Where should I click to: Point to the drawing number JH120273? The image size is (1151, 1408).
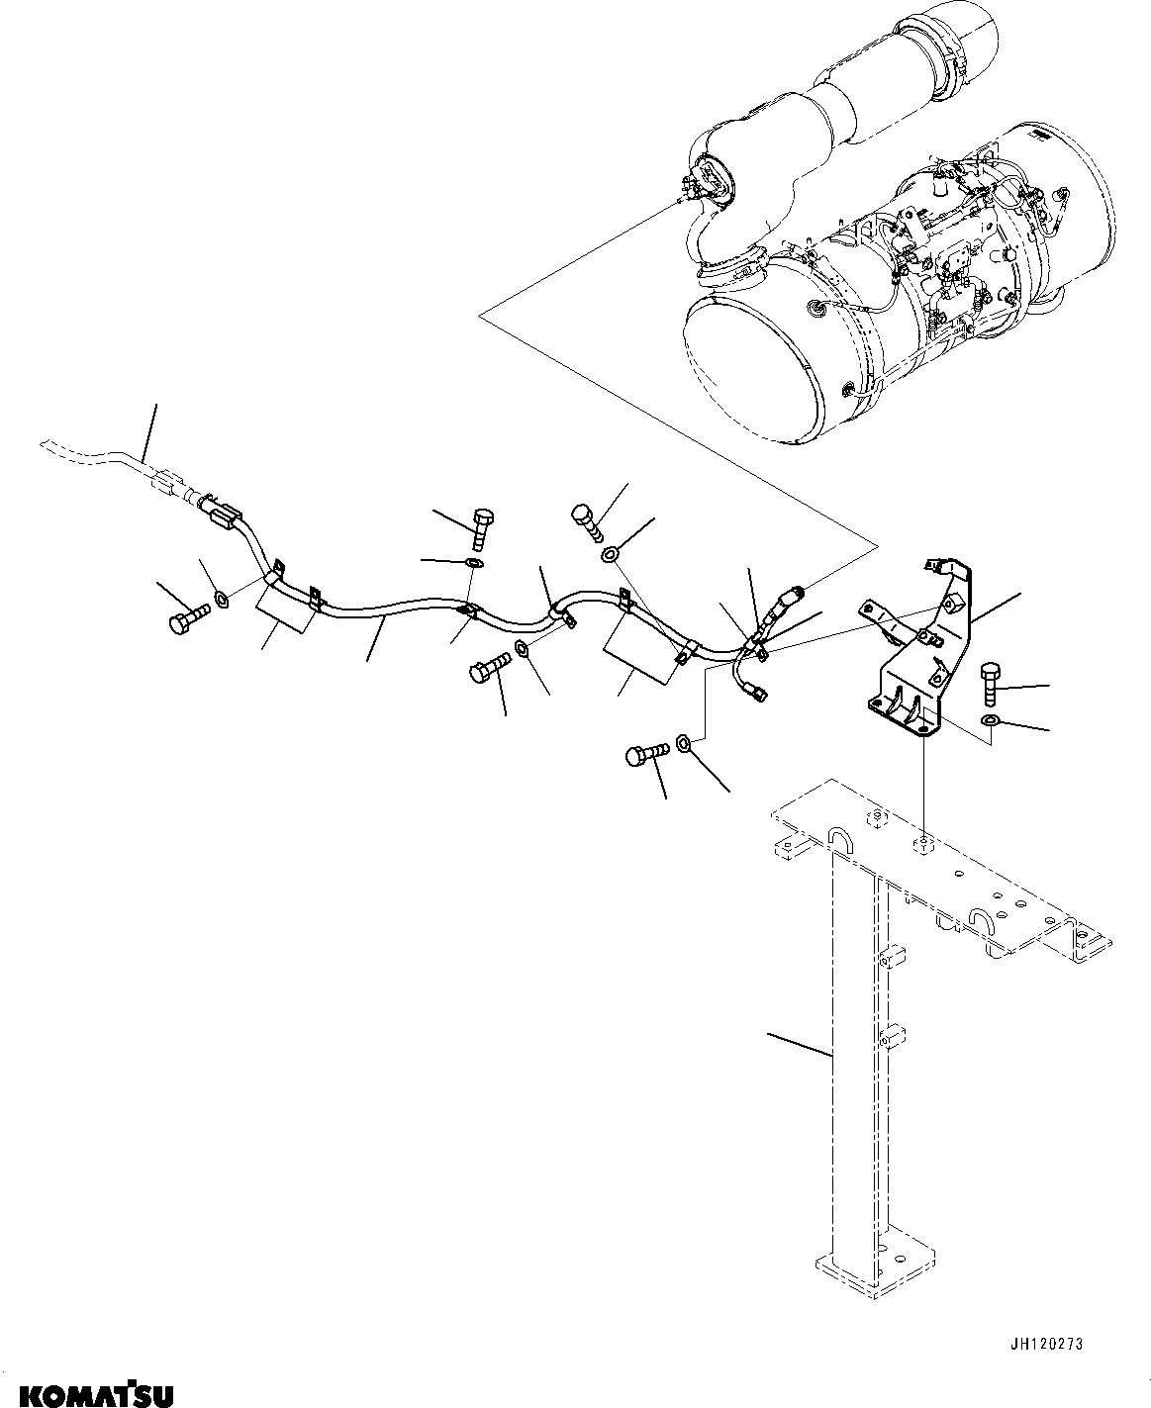[x=1046, y=1344]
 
